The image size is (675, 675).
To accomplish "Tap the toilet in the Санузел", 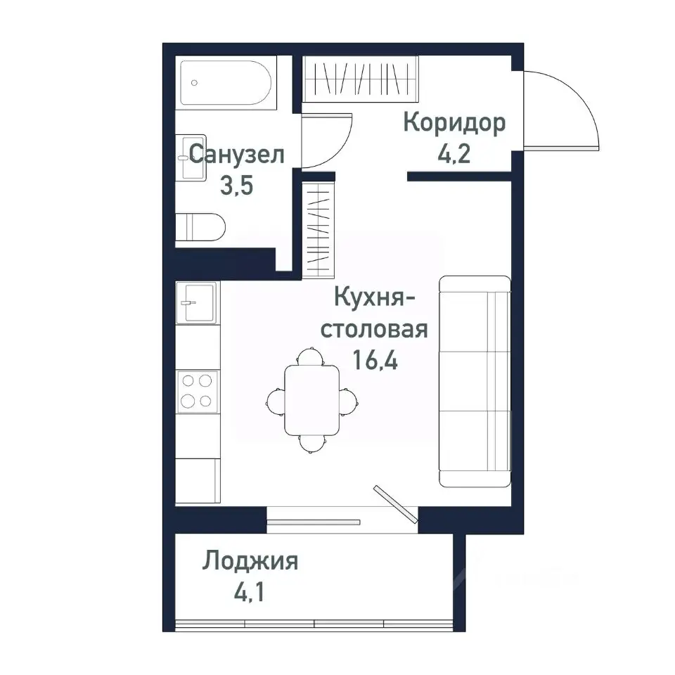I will (x=200, y=227).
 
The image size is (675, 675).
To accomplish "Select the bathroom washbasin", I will (x=191, y=157).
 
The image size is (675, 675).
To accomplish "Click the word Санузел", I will (x=237, y=153).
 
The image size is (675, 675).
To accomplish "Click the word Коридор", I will (x=454, y=123).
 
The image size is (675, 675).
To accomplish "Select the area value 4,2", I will (x=454, y=153).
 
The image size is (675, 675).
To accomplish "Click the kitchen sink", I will (x=197, y=302).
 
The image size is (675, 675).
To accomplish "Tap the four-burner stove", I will (x=197, y=391).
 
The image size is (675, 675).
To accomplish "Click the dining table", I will (x=311, y=401).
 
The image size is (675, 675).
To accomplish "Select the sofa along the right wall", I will (x=475, y=381).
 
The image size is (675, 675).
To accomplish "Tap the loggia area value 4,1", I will (x=250, y=592).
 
